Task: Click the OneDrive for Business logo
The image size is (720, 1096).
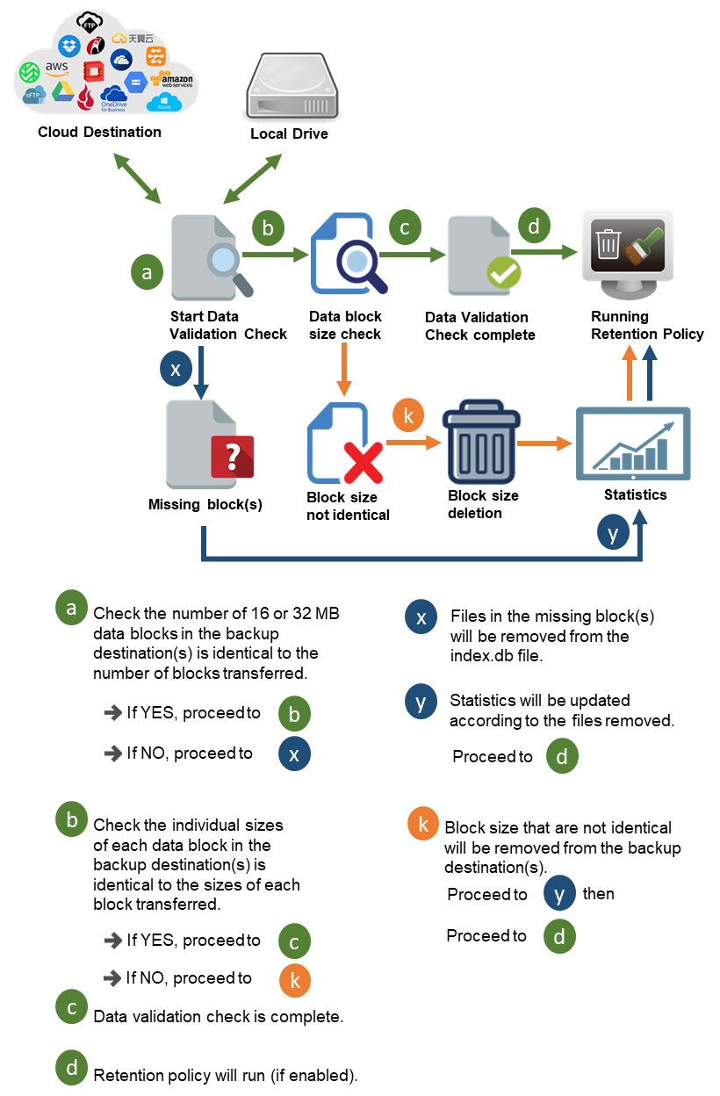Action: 114,97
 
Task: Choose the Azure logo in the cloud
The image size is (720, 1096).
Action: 162,103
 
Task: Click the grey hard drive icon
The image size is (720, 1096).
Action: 292,84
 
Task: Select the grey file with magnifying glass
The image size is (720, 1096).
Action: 211,258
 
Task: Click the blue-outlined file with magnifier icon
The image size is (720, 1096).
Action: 349,254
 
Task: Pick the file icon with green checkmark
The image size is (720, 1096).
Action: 482,258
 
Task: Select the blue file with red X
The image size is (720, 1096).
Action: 343,443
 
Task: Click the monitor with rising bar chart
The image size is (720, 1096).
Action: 633,443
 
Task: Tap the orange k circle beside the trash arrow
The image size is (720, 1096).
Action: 407,415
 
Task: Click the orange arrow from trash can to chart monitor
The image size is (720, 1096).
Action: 544,444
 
